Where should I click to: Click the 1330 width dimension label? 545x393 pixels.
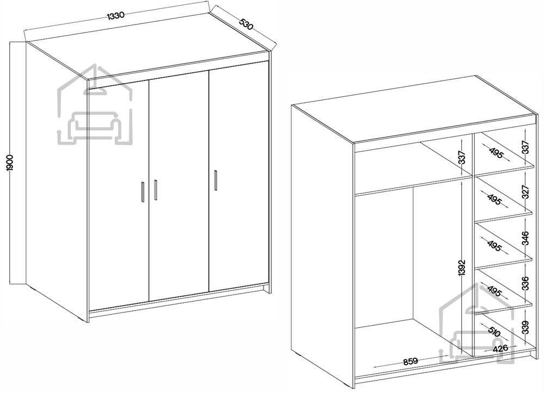tap(115, 16)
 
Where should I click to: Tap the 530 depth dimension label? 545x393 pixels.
tap(246, 24)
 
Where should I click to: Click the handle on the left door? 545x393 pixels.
tap(143, 191)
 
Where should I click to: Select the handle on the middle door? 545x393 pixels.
tap(156, 190)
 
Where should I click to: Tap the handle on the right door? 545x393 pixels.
tap(215, 180)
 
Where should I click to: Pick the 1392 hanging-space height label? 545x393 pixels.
tap(462, 268)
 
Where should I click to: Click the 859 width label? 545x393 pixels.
tap(410, 361)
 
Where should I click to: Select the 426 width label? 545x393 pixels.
tap(500, 348)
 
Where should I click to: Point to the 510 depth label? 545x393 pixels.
tap(494, 331)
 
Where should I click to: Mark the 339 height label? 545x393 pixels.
tap(525, 327)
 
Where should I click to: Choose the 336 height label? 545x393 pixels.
tap(525, 283)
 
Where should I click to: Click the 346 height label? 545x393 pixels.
tap(525, 238)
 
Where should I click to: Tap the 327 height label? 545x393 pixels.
tap(525, 192)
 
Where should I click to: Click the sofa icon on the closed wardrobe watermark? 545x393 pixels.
tap(95, 128)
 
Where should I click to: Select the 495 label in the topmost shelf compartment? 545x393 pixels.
tap(496, 153)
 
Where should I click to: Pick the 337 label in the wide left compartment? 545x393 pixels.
tap(462, 158)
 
